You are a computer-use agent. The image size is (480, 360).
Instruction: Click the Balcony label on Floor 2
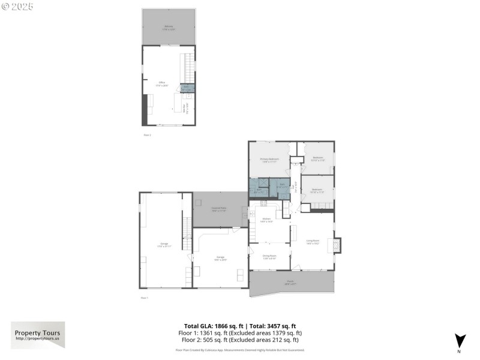[169, 27]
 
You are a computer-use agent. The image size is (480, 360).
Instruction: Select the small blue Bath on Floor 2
[187, 88]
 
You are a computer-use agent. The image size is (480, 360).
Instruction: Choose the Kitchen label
[267, 220]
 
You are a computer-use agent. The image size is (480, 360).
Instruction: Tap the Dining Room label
[269, 258]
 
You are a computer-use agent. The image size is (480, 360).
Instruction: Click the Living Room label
[313, 241]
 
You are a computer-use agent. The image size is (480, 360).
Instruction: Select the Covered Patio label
[218, 209]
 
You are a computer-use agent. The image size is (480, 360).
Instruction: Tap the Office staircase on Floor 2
[189, 68]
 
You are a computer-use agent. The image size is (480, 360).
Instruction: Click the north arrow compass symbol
[460, 340]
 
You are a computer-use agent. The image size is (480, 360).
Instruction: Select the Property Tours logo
[38, 335]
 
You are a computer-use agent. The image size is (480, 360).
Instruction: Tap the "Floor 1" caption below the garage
[144, 298]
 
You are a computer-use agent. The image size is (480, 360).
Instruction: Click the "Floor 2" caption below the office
[147, 135]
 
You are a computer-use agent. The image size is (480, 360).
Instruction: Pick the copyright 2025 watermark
[17, 6]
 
